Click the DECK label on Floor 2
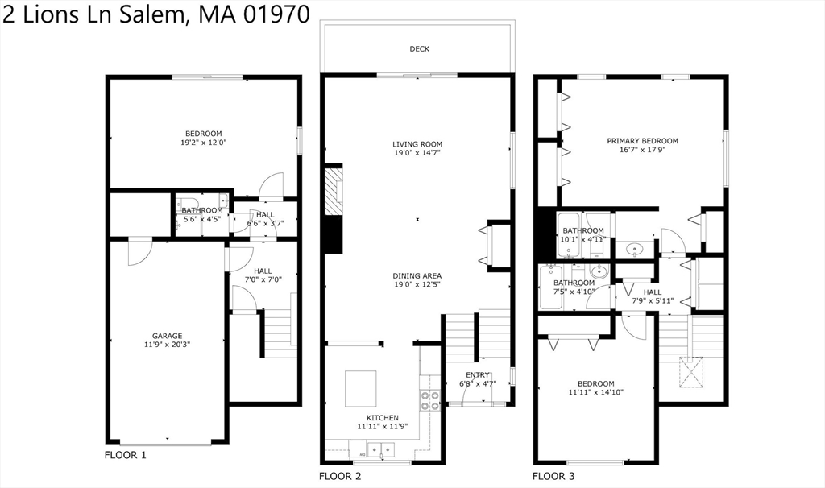click(419, 49)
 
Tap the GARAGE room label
click(168, 336)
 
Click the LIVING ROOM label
click(417, 144)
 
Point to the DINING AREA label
click(417, 275)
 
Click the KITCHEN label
click(383, 417)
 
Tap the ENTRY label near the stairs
click(478, 374)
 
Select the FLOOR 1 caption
click(126, 455)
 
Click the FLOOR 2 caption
click(340, 476)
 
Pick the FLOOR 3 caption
click(553, 476)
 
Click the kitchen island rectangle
click(361, 389)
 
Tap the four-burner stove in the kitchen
click(430, 400)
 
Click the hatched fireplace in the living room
click(332, 192)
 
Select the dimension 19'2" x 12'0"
click(204, 143)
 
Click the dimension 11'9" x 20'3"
click(168, 345)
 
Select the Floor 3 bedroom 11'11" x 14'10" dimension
click(595, 392)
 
